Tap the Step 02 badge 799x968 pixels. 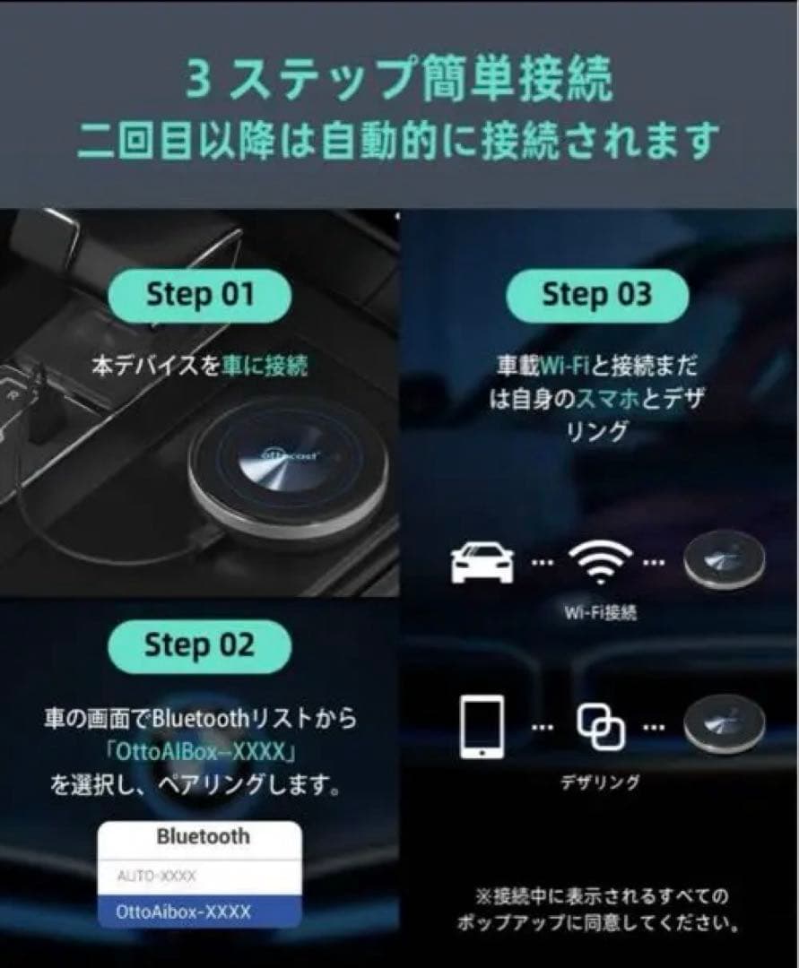[x=199, y=645]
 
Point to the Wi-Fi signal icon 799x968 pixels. [x=599, y=563]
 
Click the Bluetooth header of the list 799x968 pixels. [x=203, y=836]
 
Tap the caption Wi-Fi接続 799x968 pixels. [x=600, y=613]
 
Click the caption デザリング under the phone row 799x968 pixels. [x=600, y=782]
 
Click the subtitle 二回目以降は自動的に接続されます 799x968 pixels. [x=399, y=140]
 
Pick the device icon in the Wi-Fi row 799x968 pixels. [x=724, y=562]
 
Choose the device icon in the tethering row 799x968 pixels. [x=724, y=722]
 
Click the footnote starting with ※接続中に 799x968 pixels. [x=601, y=908]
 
